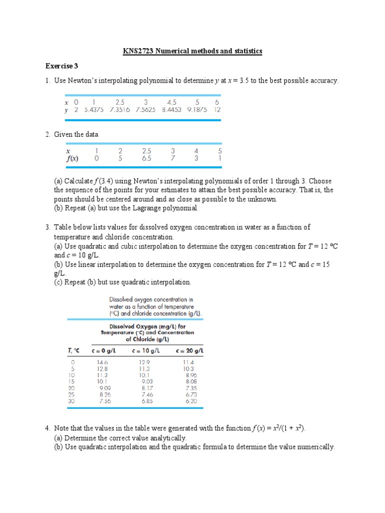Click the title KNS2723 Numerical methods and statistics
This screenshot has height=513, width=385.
click(x=192, y=51)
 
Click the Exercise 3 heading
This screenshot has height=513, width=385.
click(x=62, y=66)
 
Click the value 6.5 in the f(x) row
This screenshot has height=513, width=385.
click(x=146, y=159)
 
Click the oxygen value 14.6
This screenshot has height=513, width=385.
click(x=102, y=362)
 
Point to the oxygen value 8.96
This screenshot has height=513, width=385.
click(x=191, y=375)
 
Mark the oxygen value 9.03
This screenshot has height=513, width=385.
click(x=147, y=381)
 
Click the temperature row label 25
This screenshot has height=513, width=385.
click(x=73, y=394)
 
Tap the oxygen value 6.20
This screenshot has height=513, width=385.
click(x=190, y=401)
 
